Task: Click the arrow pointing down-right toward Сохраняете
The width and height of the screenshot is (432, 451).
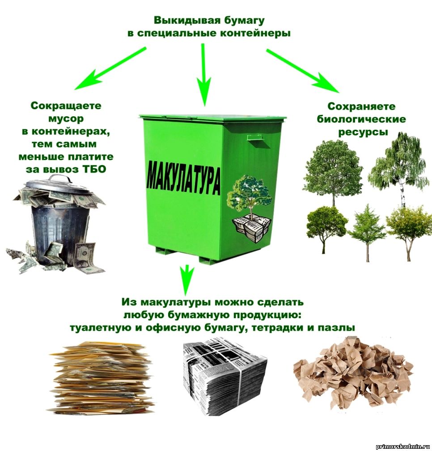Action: coord(303,71)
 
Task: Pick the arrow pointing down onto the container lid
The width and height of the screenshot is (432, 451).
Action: coord(204,75)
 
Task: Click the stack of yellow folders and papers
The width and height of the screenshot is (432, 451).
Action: coord(102,377)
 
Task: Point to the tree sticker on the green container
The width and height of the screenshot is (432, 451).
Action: coord(250,208)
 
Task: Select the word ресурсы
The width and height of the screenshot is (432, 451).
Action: coord(363,132)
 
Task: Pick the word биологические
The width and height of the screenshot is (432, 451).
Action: coord(362,119)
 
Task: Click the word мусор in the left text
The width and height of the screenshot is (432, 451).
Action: coord(66,119)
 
